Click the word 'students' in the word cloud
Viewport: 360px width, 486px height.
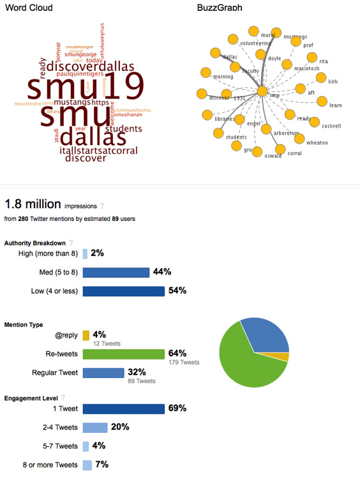[123, 128]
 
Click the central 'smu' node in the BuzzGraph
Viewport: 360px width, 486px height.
[262, 92]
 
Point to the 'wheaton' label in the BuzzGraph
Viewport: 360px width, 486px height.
[317, 143]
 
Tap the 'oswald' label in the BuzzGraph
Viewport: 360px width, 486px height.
[273, 155]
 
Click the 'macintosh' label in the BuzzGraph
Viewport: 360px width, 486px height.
[307, 68]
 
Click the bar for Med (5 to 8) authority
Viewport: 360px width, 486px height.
[116, 272]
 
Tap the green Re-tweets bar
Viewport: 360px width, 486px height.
[123, 354]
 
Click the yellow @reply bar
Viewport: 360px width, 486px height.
[86, 335]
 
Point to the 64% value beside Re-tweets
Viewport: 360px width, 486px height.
[177, 353]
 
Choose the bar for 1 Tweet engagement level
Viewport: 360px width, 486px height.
[124, 408]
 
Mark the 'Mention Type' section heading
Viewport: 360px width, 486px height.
[24, 324]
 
